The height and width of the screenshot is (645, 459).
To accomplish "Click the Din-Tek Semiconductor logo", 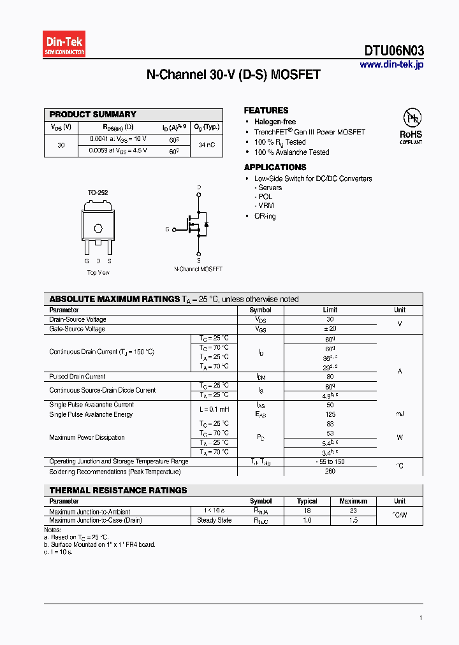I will coord(64,45).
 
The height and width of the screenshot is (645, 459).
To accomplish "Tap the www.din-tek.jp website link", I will coord(391,64).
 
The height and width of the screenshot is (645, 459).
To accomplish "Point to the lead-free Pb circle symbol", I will coord(411,118).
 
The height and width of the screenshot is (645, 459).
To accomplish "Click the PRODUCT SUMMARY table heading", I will coord(93,115).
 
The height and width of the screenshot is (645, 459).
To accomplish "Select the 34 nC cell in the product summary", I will coord(207,145).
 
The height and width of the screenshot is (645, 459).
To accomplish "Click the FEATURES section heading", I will coord(266,110).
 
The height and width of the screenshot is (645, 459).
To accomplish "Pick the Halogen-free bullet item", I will coord(275,122).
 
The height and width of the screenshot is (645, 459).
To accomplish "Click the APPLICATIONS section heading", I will coord(275,167).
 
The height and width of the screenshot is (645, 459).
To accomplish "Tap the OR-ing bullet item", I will coord(265,216).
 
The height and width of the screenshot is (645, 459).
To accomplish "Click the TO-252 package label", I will coord(98,192).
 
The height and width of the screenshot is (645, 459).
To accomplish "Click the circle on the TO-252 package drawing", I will coord(98,229).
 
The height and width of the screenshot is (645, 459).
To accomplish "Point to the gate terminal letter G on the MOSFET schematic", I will coord(167,229).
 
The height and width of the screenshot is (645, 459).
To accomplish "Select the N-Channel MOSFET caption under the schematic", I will coord(199,269).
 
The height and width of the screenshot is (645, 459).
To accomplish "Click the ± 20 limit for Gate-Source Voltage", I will coord(330,329).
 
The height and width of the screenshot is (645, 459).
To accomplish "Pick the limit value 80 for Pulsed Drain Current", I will coord(330,377).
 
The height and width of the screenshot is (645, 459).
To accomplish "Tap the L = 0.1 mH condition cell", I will coord(214,409).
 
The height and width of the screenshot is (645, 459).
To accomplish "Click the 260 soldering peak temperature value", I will coord(330,472).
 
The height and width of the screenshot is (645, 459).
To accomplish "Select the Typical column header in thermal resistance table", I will coord(307,501).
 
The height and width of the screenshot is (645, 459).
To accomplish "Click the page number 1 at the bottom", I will coord(421,618).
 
